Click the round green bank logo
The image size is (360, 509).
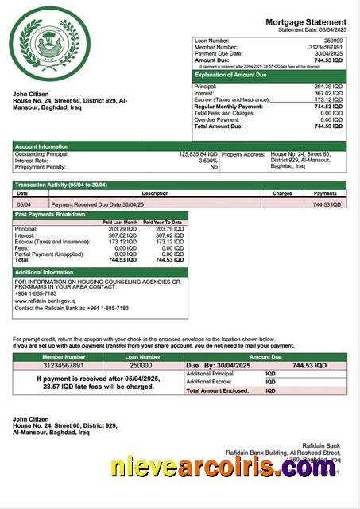pyautogui.click(x=49, y=41)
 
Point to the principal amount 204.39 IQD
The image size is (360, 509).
pyautogui.click(x=328, y=86)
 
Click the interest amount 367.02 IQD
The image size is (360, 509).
pyautogui.click(x=328, y=93)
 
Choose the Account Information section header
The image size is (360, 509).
pyautogui.click(x=41, y=146)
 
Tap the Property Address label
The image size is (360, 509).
pyautogui.click(x=244, y=154)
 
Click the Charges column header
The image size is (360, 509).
pyautogui.click(x=282, y=193)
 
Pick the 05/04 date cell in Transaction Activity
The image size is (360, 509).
pyautogui.click(x=24, y=204)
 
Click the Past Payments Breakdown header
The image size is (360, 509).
pyautogui.click(x=49, y=215)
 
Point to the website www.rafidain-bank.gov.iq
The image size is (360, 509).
pyautogui.click(x=45, y=301)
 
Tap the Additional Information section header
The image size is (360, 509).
pyautogui.click(x=45, y=272)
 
